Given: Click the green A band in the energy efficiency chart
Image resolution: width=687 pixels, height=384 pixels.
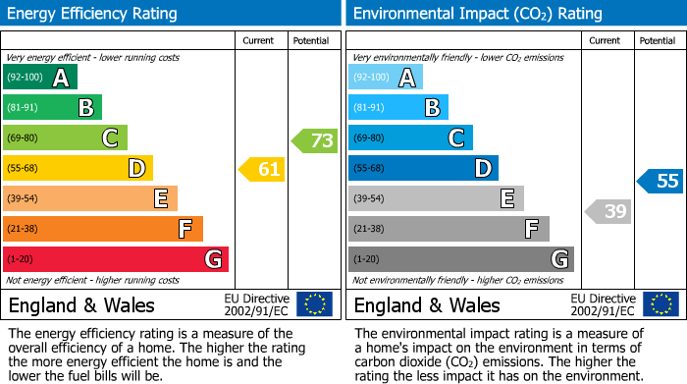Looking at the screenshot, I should click(39, 78).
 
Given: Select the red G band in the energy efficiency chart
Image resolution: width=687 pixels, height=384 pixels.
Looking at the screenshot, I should click(116, 259).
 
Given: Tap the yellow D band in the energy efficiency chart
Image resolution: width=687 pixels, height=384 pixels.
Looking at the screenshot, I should click(78, 169).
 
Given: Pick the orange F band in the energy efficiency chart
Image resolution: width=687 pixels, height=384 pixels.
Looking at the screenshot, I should click(103, 229).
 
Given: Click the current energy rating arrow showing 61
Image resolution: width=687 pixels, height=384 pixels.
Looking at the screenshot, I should click(263, 170).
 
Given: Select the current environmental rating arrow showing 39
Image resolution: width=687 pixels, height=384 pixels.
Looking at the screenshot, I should click(609, 211).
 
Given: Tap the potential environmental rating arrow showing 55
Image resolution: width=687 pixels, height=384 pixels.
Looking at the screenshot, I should click(661, 181).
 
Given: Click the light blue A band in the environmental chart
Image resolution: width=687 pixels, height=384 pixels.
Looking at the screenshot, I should click(386, 78).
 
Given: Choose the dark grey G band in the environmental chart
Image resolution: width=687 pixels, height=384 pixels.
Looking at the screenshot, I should click(460, 259).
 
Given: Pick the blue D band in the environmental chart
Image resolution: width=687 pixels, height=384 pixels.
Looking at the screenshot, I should click(423, 169).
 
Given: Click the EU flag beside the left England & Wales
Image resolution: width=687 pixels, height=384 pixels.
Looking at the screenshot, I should click(314, 304).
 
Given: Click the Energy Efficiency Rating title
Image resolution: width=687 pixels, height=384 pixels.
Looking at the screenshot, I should click(93, 14).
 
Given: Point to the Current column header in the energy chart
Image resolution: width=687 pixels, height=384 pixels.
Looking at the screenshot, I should click(258, 40).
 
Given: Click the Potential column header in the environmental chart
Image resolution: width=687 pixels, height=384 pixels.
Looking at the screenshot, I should click(657, 40).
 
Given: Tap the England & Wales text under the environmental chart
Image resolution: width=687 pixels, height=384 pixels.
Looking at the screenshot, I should click(427, 305).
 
